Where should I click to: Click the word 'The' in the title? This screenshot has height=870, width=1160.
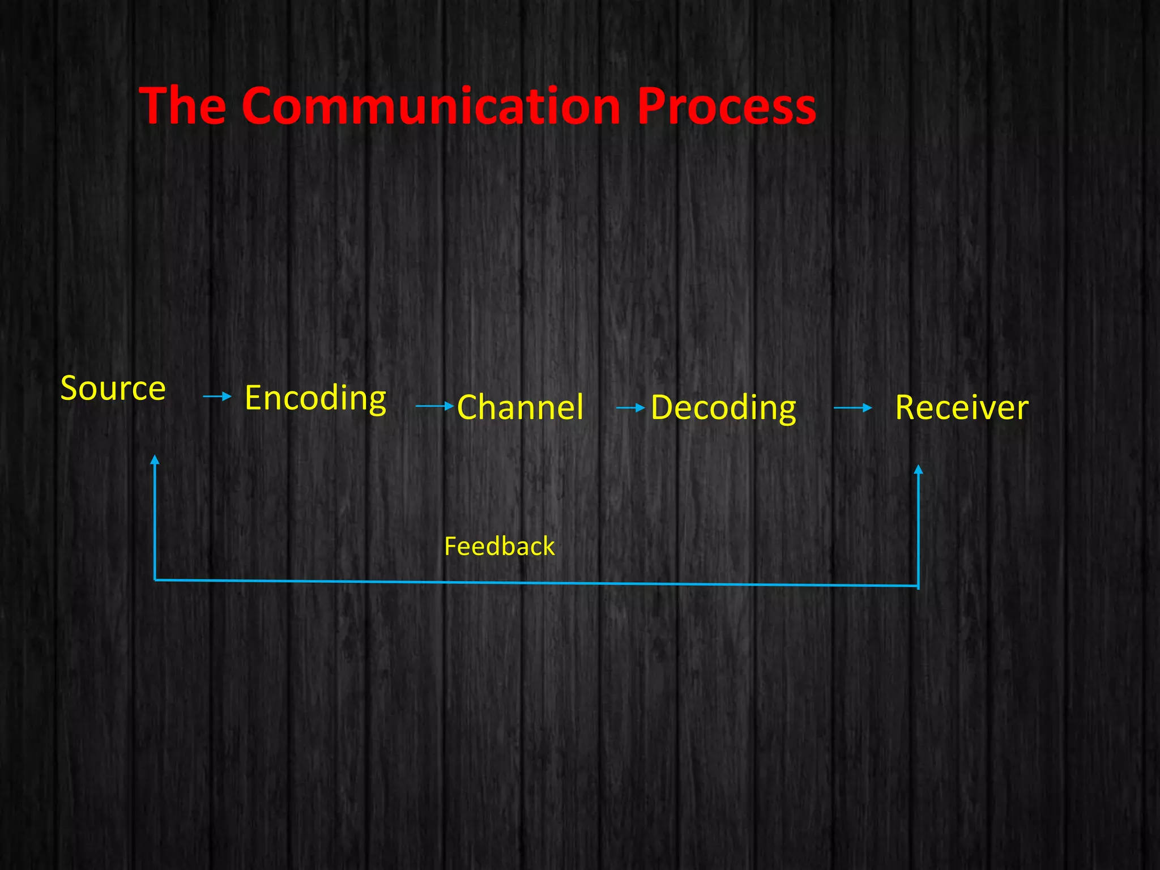click(182, 106)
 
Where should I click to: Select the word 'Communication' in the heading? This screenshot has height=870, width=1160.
click(431, 106)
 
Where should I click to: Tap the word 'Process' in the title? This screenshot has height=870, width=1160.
click(726, 106)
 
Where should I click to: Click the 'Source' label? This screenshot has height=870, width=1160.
click(113, 389)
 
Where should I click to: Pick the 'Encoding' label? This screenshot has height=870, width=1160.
click(315, 398)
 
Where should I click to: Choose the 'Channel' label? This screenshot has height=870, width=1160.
click(520, 407)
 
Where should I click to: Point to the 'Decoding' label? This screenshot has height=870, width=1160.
click(723, 408)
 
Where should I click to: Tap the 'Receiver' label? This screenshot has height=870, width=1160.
click(961, 408)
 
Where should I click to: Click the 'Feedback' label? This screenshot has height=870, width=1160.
click(499, 547)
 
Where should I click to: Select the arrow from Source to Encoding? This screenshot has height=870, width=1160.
click(217, 396)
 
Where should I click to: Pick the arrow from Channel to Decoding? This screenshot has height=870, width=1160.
click(630, 408)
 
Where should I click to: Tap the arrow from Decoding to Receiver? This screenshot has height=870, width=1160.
click(852, 408)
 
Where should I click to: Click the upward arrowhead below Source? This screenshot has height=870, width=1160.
click(155, 460)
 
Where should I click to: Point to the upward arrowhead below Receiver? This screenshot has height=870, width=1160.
click(919, 470)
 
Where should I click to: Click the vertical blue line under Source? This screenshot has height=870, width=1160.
click(155, 521)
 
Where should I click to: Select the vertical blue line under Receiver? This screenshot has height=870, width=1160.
click(918, 530)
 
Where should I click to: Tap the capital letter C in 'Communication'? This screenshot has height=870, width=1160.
click(262, 106)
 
